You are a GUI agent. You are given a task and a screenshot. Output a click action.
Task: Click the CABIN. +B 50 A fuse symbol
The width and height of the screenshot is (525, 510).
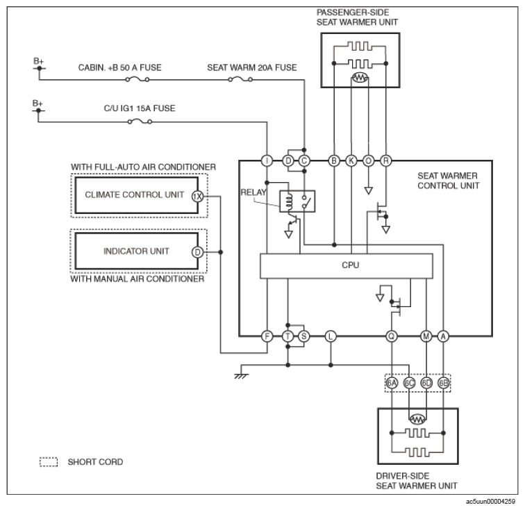tap(137, 79)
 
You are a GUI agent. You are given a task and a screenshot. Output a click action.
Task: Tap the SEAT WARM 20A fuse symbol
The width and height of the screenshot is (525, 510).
tap(240, 79)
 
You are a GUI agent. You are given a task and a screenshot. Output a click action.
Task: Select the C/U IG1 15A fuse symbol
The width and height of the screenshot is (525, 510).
tap(140, 122)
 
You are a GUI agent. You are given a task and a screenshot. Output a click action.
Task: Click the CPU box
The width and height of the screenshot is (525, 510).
tap(347, 266)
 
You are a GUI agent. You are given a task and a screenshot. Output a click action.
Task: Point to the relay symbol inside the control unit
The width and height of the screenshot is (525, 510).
tap(297, 201)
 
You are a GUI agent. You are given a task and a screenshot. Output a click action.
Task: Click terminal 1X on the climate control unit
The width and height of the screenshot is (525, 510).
tap(197, 197)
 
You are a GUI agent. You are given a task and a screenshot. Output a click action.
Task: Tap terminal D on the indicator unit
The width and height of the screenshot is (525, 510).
tap(197, 252)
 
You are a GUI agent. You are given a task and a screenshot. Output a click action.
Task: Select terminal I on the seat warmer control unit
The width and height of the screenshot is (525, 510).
tap(267, 161)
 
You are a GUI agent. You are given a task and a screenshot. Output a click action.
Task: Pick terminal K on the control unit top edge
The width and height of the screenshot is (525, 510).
tap(351, 161)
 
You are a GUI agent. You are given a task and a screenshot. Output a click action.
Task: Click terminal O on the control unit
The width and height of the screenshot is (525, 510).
tap(368, 161)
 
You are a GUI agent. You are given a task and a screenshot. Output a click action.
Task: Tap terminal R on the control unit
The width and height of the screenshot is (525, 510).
tap(385, 161)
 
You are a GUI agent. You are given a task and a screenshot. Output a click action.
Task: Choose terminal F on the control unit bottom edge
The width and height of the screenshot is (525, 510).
tap(267, 336)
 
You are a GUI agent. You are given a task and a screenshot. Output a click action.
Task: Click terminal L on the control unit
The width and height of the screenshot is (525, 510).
tap(331, 336)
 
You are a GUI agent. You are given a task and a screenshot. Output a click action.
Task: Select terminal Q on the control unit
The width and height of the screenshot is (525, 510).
tap(392, 336)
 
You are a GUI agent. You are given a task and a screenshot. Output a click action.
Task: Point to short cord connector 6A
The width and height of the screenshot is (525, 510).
tap(392, 383)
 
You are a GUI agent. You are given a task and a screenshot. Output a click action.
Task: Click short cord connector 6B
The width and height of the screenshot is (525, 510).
tap(444, 383)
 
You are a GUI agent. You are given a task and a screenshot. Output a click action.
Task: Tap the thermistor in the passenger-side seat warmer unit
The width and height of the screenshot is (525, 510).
tap(360, 78)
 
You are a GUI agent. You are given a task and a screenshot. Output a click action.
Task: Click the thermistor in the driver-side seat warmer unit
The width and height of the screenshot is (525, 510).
tap(417, 419)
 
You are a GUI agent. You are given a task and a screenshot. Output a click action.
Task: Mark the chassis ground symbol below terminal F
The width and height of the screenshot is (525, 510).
tap(241, 376)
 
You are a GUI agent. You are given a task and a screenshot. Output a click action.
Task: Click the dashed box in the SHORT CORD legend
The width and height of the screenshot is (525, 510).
tap(49, 462)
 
